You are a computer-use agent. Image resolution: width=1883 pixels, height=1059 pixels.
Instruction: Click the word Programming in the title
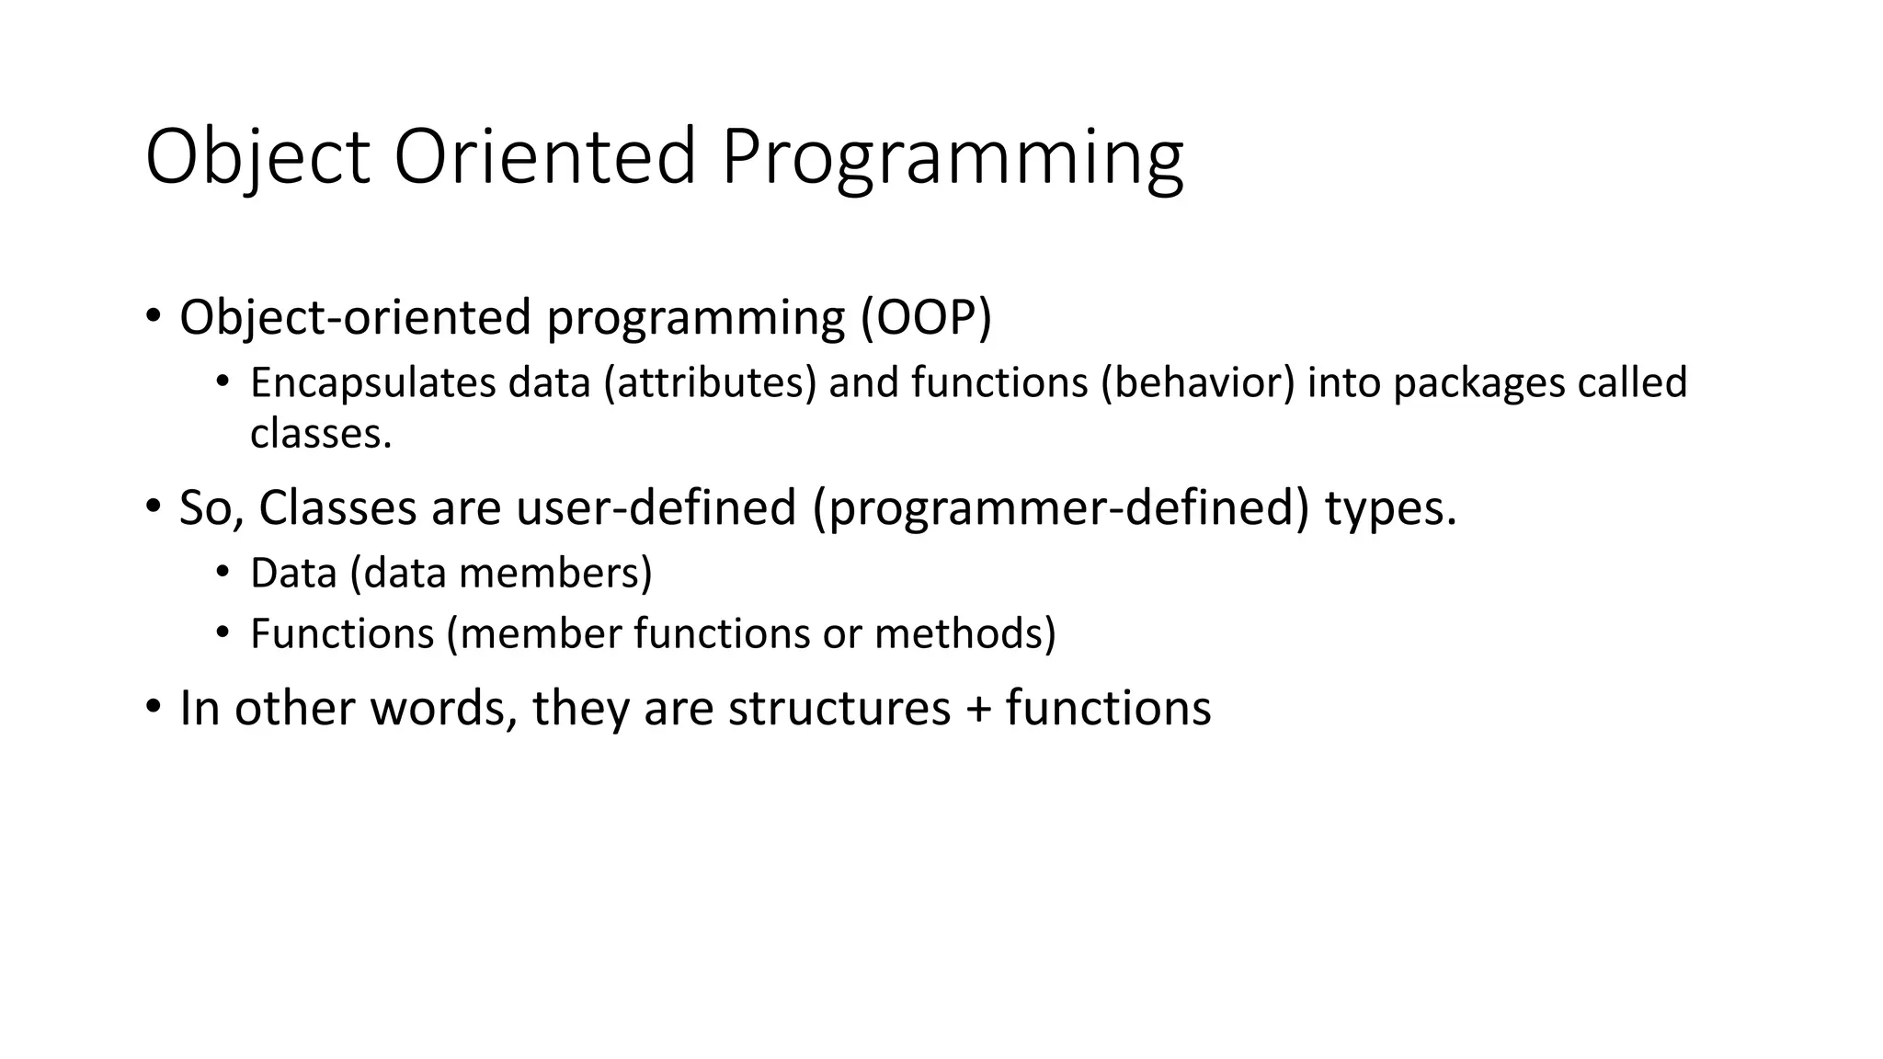pyautogui.click(x=952, y=158)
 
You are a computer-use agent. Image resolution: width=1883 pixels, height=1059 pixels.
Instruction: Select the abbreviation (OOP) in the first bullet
pyautogui.click(x=926, y=318)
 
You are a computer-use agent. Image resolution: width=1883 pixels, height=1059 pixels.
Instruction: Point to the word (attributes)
pyautogui.click(x=710, y=383)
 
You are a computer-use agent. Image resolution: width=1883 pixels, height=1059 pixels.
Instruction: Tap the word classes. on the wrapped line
pyautogui.click(x=321, y=433)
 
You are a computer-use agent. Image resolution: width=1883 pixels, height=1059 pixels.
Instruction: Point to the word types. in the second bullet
pyautogui.click(x=1390, y=509)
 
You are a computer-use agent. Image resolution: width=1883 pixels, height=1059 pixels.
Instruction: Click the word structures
pyautogui.click(x=839, y=708)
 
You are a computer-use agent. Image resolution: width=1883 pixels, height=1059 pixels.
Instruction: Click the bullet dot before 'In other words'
pyautogui.click(x=153, y=707)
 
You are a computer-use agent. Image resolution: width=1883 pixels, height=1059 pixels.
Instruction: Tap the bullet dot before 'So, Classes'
pyautogui.click(x=153, y=507)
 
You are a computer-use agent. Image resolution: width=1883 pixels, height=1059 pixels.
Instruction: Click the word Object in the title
pyautogui.click(x=257, y=158)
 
